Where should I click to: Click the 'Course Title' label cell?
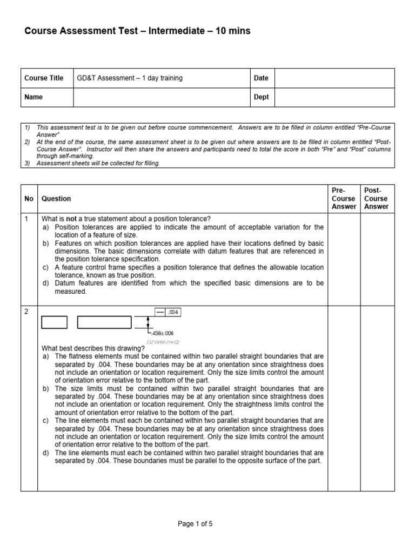44,78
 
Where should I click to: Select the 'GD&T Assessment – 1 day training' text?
130,78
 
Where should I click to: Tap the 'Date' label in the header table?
261,78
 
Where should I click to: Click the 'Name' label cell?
34,97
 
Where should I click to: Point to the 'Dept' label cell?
261,97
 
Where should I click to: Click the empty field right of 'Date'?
335,78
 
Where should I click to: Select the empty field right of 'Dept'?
335,97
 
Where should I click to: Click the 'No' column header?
29,199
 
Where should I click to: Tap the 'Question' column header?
56,199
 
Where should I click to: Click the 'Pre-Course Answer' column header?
344,199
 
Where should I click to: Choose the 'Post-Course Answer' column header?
377,199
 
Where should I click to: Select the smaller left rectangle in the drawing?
55,322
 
